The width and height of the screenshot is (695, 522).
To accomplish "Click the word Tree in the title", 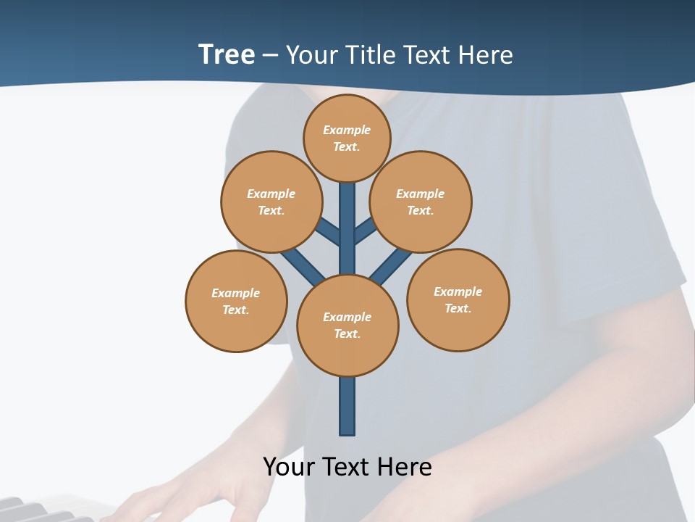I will [227, 54].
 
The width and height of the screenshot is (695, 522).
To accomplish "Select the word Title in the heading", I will [369, 54].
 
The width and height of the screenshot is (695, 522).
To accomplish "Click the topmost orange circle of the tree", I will [347, 138].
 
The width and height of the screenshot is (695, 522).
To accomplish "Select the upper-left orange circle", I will [271, 202].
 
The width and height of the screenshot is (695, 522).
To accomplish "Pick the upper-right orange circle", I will [421, 202].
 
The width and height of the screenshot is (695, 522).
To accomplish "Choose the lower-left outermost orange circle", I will [236, 301].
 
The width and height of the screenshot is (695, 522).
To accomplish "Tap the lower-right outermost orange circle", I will [458, 299].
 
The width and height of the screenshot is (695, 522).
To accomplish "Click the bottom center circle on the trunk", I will [347, 325].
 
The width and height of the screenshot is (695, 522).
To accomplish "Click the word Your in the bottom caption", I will [289, 466].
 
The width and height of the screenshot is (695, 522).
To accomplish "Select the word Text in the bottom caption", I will [346, 466].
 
